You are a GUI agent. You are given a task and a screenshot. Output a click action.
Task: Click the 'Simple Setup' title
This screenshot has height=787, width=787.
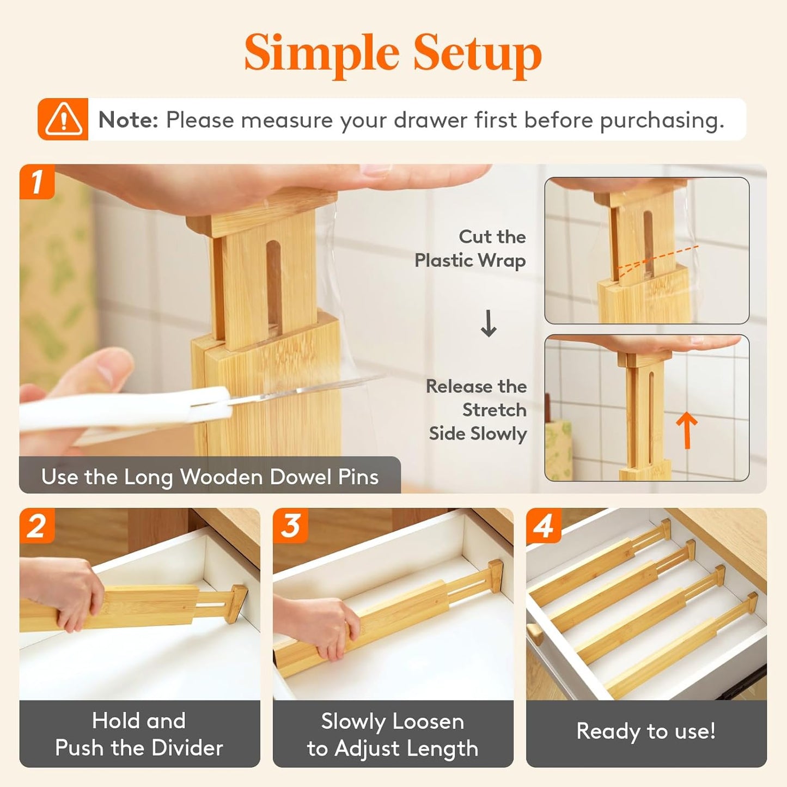[393, 53]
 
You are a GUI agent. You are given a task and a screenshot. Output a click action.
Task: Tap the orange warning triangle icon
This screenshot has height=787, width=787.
[63, 119]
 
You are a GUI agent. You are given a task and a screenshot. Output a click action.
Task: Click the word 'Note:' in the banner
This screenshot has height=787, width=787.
[128, 120]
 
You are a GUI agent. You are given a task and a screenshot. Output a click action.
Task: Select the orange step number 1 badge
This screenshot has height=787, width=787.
[36, 181]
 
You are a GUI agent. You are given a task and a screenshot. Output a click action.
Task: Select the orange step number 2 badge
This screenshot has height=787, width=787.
[36, 526]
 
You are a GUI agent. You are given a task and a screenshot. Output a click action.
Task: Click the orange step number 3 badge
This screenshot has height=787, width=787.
[290, 526]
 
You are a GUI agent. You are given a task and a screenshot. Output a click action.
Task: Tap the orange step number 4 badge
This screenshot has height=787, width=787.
[544, 526]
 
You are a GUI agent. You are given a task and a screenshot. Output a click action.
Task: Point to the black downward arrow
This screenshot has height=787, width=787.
[489, 324]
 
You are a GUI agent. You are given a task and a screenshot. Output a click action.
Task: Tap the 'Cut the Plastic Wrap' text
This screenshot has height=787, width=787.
[471, 248]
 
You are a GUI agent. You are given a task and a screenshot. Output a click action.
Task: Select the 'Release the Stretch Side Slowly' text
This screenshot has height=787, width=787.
[477, 410]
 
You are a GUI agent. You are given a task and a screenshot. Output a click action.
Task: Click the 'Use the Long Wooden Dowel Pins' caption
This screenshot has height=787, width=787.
[210, 477]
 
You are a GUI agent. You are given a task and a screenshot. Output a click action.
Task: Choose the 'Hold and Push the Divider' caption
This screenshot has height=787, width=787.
[139, 734]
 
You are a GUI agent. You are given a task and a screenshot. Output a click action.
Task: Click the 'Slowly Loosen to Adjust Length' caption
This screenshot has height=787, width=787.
[393, 734]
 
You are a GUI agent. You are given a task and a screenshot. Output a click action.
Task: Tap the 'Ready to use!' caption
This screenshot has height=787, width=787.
[646, 731]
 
